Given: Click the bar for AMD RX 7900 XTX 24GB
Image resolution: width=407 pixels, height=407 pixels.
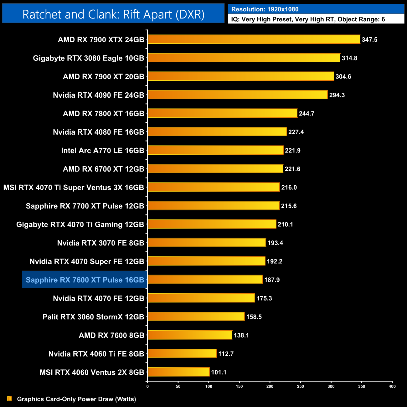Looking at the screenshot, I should click(x=254, y=39).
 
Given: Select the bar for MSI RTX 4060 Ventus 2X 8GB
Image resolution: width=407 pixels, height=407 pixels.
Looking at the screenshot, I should click(x=178, y=372).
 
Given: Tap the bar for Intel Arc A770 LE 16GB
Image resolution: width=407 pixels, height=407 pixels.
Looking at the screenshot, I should click(x=215, y=150).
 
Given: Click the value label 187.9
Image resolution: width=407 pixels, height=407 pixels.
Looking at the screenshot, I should click(x=272, y=280).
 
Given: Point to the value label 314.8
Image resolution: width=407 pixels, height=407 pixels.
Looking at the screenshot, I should click(x=349, y=58).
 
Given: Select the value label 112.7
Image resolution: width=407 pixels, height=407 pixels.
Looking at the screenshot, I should click(x=226, y=354).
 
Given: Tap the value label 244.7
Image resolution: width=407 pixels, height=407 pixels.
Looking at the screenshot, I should click(x=306, y=114).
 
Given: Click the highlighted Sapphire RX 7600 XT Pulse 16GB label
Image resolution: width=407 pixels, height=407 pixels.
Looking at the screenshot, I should click(x=85, y=280).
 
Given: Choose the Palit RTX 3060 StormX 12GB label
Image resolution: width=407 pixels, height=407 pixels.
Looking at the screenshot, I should click(x=93, y=317).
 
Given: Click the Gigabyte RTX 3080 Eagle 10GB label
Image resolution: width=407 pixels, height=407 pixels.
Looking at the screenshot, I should click(x=89, y=58).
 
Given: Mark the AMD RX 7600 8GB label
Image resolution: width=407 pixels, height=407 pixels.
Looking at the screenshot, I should click(x=111, y=335).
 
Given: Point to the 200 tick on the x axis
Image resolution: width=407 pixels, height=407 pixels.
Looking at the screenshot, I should click(x=270, y=386).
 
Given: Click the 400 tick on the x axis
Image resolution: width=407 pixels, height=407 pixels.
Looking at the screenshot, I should click(x=392, y=386).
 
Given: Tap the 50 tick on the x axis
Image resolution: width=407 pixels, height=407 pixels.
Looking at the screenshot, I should click(x=178, y=386).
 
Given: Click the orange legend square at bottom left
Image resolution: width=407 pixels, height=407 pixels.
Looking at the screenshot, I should click(x=9, y=399).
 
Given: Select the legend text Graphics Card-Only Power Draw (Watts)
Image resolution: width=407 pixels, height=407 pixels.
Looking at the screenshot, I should click(x=76, y=399).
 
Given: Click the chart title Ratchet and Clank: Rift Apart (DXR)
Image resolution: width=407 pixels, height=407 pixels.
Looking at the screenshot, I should click(x=113, y=14).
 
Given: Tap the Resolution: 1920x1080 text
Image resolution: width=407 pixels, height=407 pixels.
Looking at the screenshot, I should click(x=265, y=9).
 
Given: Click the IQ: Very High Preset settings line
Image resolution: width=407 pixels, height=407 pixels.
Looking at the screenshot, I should click(x=308, y=19).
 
